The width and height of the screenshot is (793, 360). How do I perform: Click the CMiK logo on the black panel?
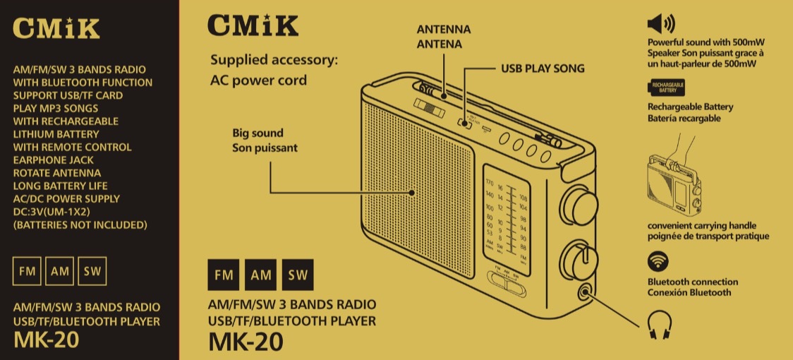pos(56,28)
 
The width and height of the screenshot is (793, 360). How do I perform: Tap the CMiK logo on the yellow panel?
pos(253,26)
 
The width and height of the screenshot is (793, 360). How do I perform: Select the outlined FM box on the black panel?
pos(27,272)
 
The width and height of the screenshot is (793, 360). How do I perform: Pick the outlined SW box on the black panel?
pos(92,272)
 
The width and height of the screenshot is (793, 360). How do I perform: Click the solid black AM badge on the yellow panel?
pos(260,275)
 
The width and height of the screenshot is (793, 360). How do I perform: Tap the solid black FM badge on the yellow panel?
pos(224,275)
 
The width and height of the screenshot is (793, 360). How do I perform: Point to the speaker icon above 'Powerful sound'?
pos(660,24)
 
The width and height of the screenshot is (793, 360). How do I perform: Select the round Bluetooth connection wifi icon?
pos(658,262)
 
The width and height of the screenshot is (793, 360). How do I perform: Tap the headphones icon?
pos(660,323)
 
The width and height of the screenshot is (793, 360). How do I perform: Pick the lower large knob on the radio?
pos(578,258)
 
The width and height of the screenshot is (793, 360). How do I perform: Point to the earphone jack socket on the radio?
pos(584,289)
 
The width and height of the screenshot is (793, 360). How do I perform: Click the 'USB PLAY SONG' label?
pos(543,69)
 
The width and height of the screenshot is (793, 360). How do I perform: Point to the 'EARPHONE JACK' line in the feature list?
pos(52,160)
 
